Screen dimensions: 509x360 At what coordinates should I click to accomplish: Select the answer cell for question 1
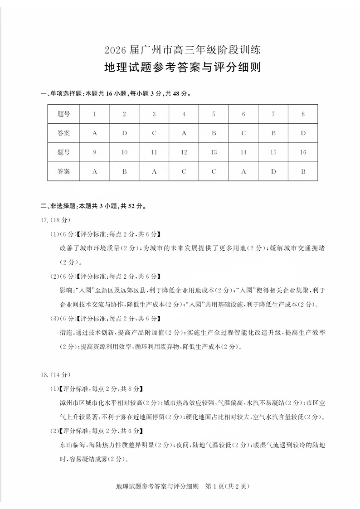94,133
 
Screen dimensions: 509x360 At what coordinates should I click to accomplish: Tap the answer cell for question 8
303,133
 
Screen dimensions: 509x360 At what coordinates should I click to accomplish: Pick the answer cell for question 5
214,133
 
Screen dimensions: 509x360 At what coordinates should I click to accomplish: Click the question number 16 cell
303,152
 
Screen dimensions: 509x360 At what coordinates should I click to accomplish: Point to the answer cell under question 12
184,172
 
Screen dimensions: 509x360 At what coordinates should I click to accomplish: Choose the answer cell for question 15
273,172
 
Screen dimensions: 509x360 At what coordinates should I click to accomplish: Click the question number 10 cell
124,152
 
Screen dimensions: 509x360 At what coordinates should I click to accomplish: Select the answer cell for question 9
94,172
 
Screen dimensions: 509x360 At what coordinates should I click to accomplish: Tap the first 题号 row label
64,114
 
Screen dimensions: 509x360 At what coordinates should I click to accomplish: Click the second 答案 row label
64,172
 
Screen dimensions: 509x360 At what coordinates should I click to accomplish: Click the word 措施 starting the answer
66,333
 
